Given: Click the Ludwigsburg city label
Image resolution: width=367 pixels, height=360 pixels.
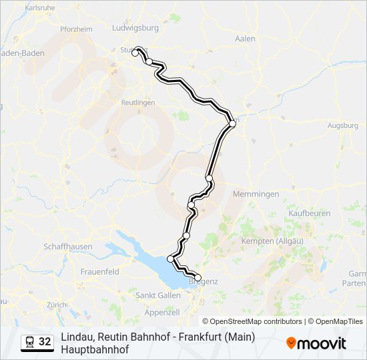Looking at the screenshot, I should (x=137, y=28).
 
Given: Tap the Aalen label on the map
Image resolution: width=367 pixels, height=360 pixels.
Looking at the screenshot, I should (x=246, y=39).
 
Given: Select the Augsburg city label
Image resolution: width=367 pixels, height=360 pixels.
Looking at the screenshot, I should (x=343, y=125).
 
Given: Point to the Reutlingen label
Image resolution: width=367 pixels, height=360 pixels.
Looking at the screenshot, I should (x=138, y=103).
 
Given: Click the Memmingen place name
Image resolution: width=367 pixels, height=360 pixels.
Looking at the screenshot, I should (x=256, y=194).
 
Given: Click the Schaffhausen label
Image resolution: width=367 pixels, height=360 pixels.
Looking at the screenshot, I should (x=68, y=246).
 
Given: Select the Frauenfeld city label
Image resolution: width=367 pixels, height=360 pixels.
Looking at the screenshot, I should (x=99, y=272).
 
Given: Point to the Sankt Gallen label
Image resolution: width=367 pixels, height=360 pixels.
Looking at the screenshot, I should (x=158, y=295).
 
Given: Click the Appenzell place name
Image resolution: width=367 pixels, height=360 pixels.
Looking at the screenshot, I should (x=162, y=312).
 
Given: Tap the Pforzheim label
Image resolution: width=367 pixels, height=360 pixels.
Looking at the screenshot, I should (x=75, y=29).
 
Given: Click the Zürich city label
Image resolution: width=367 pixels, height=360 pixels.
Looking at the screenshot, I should (x=57, y=305).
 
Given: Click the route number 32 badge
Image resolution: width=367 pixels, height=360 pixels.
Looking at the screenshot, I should (x=45, y=341).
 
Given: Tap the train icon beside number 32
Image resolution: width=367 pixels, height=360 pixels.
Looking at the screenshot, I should (x=29, y=341).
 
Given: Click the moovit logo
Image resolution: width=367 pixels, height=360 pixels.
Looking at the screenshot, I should (x=316, y=343).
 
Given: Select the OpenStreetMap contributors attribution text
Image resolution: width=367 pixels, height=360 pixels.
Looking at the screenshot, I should (x=252, y=321).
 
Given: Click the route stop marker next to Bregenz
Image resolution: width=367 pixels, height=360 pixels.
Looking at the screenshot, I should (x=198, y=277).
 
